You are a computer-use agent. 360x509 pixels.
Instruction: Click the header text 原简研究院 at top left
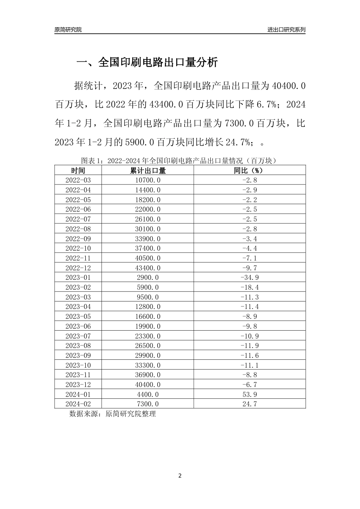68,30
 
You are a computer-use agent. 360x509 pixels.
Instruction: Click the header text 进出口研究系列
286,30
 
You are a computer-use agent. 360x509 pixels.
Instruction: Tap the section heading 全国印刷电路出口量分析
147,62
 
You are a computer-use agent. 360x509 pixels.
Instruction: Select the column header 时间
78,170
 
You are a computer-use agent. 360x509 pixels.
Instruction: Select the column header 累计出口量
148,170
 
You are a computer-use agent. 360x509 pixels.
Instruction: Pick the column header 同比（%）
249,170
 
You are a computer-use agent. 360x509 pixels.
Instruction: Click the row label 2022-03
78,180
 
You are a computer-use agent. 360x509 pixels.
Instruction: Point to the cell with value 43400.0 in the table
148,268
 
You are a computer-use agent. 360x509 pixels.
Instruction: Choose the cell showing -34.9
249,278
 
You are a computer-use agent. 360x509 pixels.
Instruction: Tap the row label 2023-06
78,326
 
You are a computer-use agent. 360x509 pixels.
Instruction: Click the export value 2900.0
148,278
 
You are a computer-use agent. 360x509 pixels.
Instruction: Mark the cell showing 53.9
249,394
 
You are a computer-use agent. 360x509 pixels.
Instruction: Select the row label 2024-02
78,404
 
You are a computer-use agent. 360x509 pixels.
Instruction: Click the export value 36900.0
148,375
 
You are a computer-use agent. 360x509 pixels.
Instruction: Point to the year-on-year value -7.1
249,258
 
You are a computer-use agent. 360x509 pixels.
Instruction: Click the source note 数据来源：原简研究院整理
113,414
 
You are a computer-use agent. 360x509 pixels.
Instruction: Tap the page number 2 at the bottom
180,476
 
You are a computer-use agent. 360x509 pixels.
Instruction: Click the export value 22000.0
148,209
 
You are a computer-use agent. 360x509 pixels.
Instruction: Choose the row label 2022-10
78,248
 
